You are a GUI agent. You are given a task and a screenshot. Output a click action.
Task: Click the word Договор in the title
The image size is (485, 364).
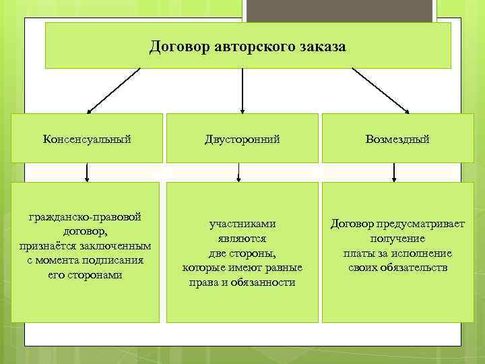pyautogui.click(x=179, y=48)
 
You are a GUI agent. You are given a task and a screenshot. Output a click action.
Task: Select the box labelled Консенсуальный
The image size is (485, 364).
pyautogui.click(x=87, y=139)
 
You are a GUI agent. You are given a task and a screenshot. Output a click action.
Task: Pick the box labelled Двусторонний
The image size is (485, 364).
pyautogui.click(x=243, y=139)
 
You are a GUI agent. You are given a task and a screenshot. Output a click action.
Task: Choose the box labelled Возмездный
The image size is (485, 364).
pyautogui.click(x=397, y=139)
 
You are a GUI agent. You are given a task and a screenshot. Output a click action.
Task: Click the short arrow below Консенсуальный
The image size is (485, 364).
pyautogui.click(x=87, y=173)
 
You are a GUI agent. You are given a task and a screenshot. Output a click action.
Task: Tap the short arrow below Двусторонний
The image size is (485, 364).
pyautogui.click(x=238, y=173)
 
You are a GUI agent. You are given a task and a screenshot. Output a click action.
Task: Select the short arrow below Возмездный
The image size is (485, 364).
pyautogui.click(x=394, y=173)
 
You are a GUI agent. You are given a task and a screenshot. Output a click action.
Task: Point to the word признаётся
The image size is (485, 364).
pyautogui.click(x=45, y=246)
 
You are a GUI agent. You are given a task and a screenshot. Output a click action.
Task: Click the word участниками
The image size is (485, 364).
pyautogui.click(x=243, y=224)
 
